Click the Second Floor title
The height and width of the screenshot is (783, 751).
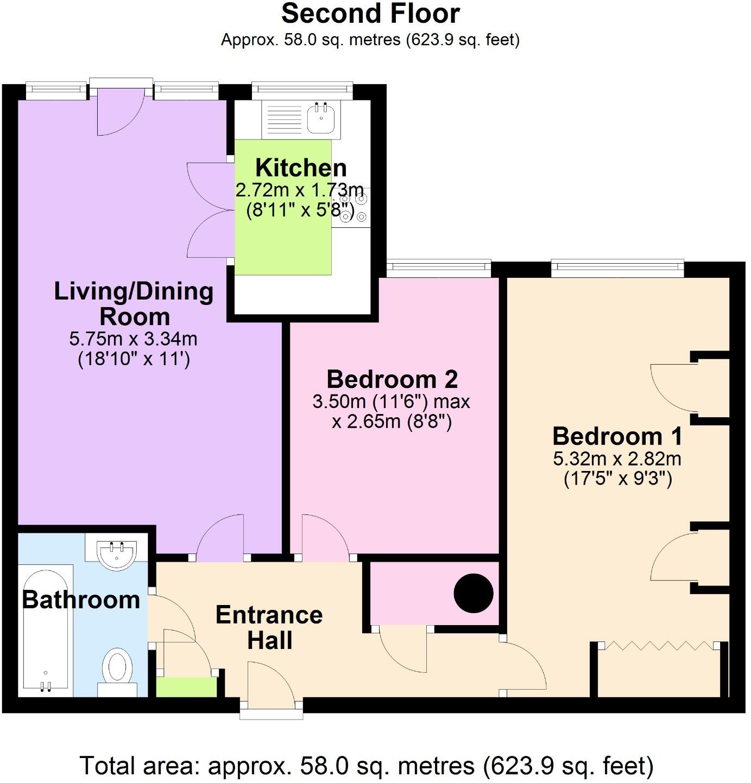[370, 14]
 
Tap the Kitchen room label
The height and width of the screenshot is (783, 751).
[301, 168]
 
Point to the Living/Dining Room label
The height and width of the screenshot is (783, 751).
[134, 303]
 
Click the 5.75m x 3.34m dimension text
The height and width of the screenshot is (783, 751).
[133, 339]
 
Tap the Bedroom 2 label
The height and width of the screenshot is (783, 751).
[392, 379]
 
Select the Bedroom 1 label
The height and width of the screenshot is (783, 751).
[617, 436]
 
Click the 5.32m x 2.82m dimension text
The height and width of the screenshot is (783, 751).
[617, 459]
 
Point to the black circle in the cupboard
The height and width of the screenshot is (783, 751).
[474, 593]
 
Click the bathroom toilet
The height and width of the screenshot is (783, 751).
[117, 671]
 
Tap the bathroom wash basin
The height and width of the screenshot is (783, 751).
[116, 552]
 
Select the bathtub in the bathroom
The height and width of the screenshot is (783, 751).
[46, 629]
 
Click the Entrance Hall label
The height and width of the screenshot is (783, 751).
[269, 627]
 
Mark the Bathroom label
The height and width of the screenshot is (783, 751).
[81, 600]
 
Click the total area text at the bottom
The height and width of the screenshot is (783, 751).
[367, 766]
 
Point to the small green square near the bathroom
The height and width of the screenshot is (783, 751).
[186, 687]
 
